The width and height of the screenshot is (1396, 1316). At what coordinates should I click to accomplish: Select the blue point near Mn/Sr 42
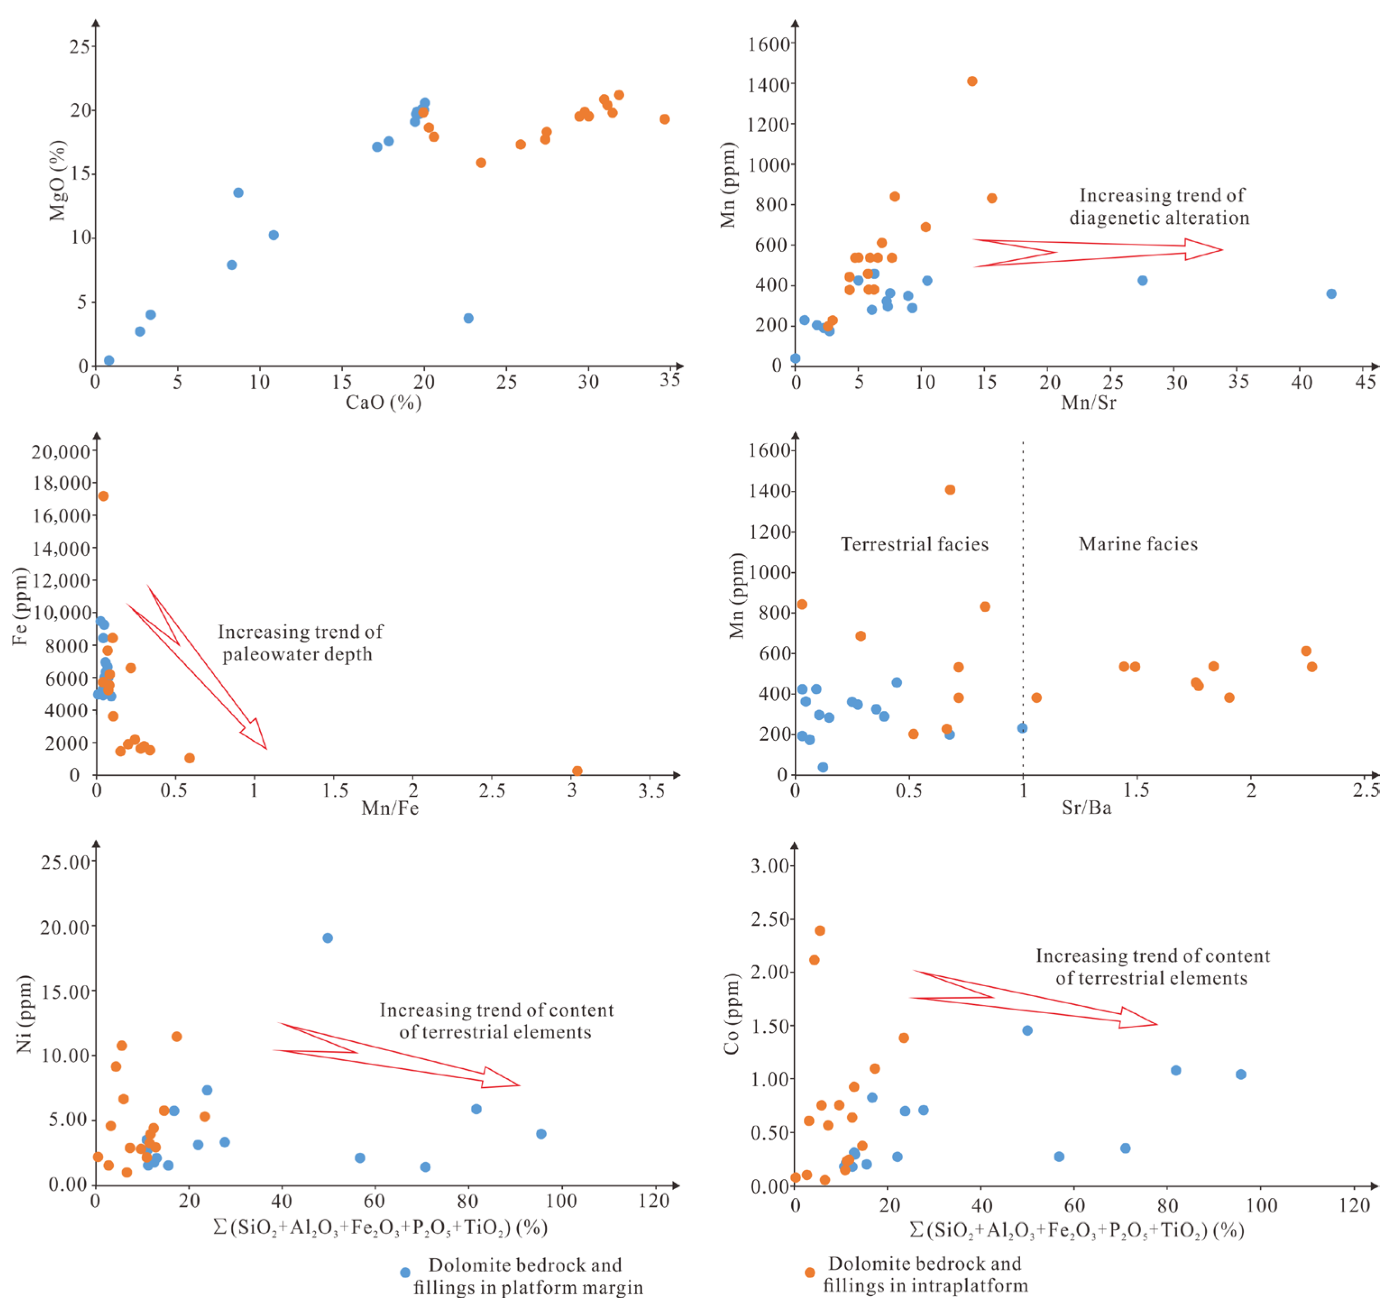click(1331, 294)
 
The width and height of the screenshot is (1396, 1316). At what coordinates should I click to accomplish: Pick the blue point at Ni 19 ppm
click(327, 937)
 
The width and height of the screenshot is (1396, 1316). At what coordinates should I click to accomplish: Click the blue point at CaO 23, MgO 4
click(468, 318)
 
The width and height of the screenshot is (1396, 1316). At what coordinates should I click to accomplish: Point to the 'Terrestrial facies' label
click(914, 544)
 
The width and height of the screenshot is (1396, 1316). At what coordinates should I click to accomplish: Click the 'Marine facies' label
click(1138, 544)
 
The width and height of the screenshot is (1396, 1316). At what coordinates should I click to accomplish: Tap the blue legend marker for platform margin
click(405, 1272)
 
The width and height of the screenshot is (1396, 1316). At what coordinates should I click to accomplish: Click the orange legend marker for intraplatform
click(810, 1272)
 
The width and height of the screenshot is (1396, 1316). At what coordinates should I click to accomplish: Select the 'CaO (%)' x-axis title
click(383, 402)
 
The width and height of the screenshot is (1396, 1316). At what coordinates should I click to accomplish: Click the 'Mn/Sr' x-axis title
click(1088, 402)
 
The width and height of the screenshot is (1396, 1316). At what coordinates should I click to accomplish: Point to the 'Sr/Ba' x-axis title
click(1086, 808)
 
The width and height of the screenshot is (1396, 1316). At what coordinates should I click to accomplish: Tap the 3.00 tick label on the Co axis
click(769, 865)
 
